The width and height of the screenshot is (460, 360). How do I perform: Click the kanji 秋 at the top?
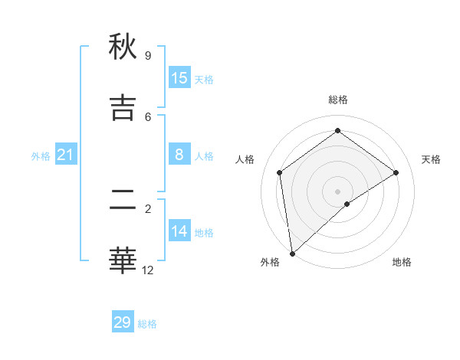[123, 47]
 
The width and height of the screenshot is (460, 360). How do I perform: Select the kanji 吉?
[123, 108]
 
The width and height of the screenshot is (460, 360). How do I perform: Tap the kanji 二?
[123, 200]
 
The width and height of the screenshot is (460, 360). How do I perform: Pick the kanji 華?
[123, 261]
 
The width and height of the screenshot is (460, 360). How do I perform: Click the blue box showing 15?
[179, 78]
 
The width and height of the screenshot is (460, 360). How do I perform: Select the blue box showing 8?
[179, 155]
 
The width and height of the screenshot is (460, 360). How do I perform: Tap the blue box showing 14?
[179, 231]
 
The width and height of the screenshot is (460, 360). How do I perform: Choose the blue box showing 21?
[66, 155]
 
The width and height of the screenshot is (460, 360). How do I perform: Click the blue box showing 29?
[123, 322]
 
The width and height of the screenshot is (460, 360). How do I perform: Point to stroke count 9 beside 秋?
[148, 56]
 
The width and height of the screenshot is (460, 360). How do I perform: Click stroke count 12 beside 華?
[148, 270]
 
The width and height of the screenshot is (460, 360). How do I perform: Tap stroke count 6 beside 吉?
[148, 116]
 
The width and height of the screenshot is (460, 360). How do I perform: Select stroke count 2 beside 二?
[148, 208]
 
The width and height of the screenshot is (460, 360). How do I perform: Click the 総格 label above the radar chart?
[338, 100]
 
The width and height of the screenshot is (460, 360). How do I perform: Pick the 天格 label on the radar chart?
[431, 159]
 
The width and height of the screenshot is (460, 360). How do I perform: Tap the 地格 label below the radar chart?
[402, 262]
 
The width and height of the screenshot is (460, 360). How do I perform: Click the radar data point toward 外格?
[292, 253]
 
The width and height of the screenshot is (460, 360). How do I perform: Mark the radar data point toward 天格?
[396, 172]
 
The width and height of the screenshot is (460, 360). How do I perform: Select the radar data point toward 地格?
[347, 204]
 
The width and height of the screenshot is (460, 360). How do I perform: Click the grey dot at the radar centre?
[338, 191]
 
